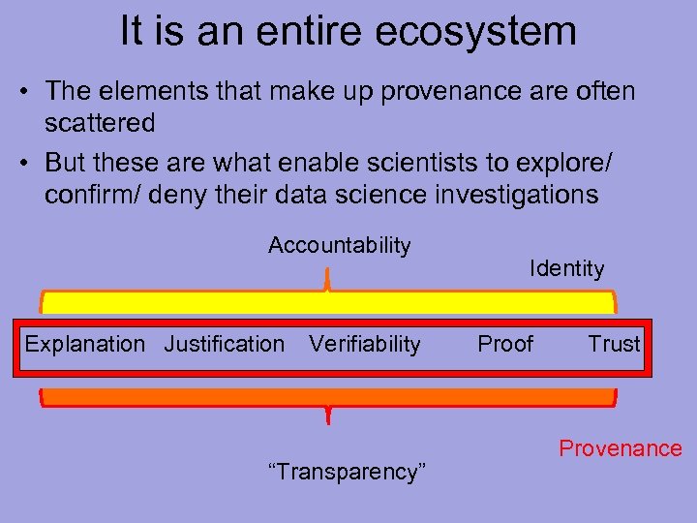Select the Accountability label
339,245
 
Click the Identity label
566,268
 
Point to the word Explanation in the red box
84,344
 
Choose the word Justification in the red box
225,344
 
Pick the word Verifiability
364,344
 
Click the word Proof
505,344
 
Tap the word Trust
614,344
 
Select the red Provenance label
620,448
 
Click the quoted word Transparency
347,472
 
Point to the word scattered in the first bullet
100,123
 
